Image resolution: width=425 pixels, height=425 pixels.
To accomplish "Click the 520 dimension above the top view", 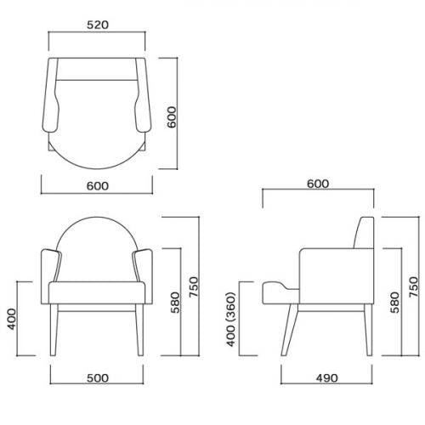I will (99, 25).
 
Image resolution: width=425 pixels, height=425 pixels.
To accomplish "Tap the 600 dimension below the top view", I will (99, 192).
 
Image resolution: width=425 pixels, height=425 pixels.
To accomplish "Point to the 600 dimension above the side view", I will (318, 184).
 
